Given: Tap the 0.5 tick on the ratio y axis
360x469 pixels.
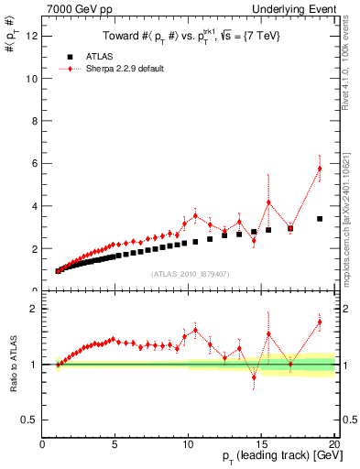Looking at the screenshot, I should pyautogui.click(x=29, y=420).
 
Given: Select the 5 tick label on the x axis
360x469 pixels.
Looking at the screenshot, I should pyautogui.click(x=115, y=445).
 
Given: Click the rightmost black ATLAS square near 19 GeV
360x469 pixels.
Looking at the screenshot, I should pyautogui.click(x=320, y=219).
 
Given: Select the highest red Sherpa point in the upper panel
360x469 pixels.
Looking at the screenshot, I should pyautogui.click(x=320, y=169).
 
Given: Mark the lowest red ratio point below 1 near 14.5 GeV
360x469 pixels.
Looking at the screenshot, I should pyautogui.click(x=254, y=377).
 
